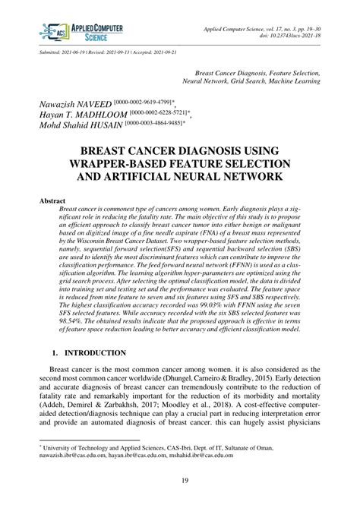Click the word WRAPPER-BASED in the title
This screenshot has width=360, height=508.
[132, 164]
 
